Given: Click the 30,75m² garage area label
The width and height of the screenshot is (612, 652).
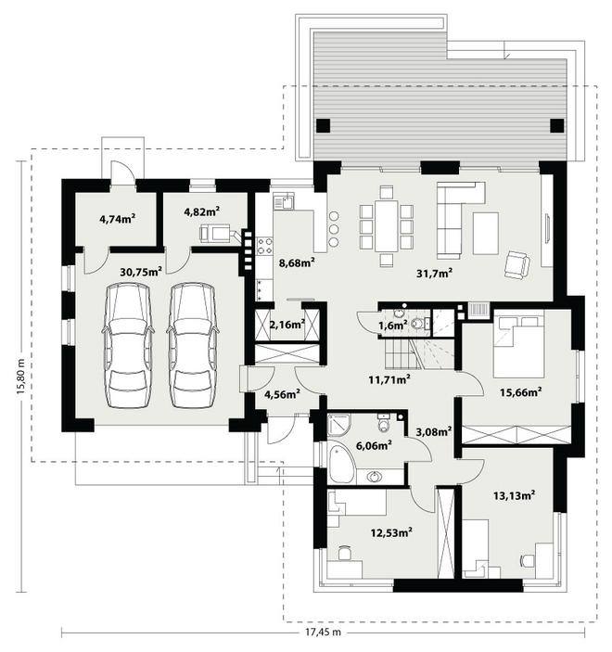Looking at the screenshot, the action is pos(141,272).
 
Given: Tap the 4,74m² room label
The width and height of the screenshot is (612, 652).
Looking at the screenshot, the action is pos(118,219).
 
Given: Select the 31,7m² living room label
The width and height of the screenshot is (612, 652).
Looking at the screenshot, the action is pos(435,273).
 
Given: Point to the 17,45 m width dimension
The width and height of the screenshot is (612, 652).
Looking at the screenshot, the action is pos(323,633).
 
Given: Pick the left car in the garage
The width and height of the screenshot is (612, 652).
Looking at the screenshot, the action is pos(128,346).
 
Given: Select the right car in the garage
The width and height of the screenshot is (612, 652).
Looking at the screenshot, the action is pos(193,346).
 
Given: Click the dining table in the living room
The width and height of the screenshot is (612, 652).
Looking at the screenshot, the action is pos(387,225).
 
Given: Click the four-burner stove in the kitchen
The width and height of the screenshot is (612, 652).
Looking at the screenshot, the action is pos(264,246).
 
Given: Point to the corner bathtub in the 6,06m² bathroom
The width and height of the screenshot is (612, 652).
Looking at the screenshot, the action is pos(341,463).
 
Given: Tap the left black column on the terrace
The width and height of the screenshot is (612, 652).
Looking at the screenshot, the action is pos(323,125).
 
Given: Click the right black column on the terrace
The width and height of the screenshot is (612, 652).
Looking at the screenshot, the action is pos(557,125).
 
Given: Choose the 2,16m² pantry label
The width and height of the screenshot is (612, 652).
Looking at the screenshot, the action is pos(287,324).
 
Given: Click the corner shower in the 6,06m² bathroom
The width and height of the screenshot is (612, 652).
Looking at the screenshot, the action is pos(339,425).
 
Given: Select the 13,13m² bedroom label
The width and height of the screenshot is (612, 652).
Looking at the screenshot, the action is pos(514,495).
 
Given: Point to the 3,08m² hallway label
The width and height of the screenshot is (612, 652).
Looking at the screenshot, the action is pos(434,431).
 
